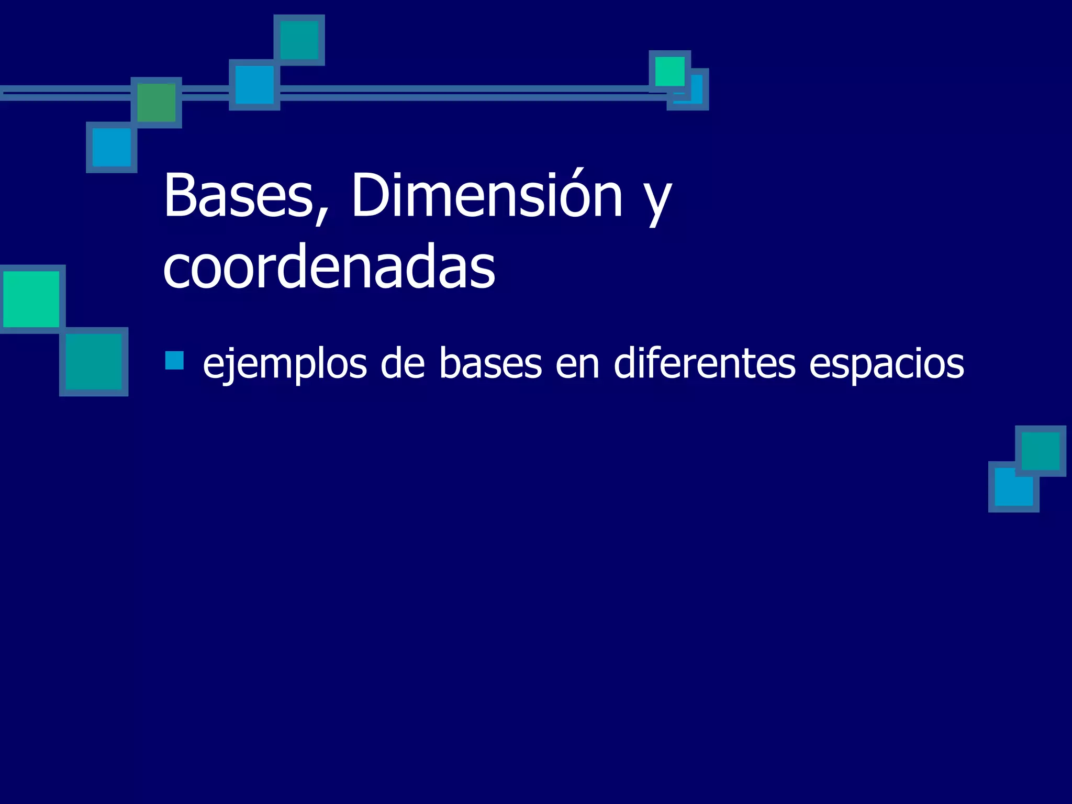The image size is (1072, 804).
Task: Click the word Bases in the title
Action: pyautogui.click(x=238, y=196)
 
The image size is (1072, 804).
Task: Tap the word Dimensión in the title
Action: pyautogui.click(x=487, y=196)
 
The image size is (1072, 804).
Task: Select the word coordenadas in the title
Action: pyautogui.click(x=329, y=268)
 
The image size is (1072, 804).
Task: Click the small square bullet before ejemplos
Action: pyautogui.click(x=174, y=361)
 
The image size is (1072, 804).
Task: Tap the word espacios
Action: pyautogui.click(x=886, y=365)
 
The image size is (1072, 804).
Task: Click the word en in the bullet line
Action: pyautogui.click(x=577, y=365)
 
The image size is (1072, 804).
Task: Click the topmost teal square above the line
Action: pyautogui.click(x=299, y=40)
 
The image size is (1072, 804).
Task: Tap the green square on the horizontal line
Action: pyautogui.click(x=156, y=103)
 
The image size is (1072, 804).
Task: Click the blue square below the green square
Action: pyautogui.click(x=111, y=147)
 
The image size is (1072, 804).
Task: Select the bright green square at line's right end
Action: pyautogui.click(x=669, y=71)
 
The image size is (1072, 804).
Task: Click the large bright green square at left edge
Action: pyautogui.click(x=31, y=299)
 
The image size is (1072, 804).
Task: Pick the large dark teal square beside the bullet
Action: pyautogui.click(x=94, y=361)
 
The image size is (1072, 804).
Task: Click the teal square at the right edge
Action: pyautogui.click(x=1040, y=451)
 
